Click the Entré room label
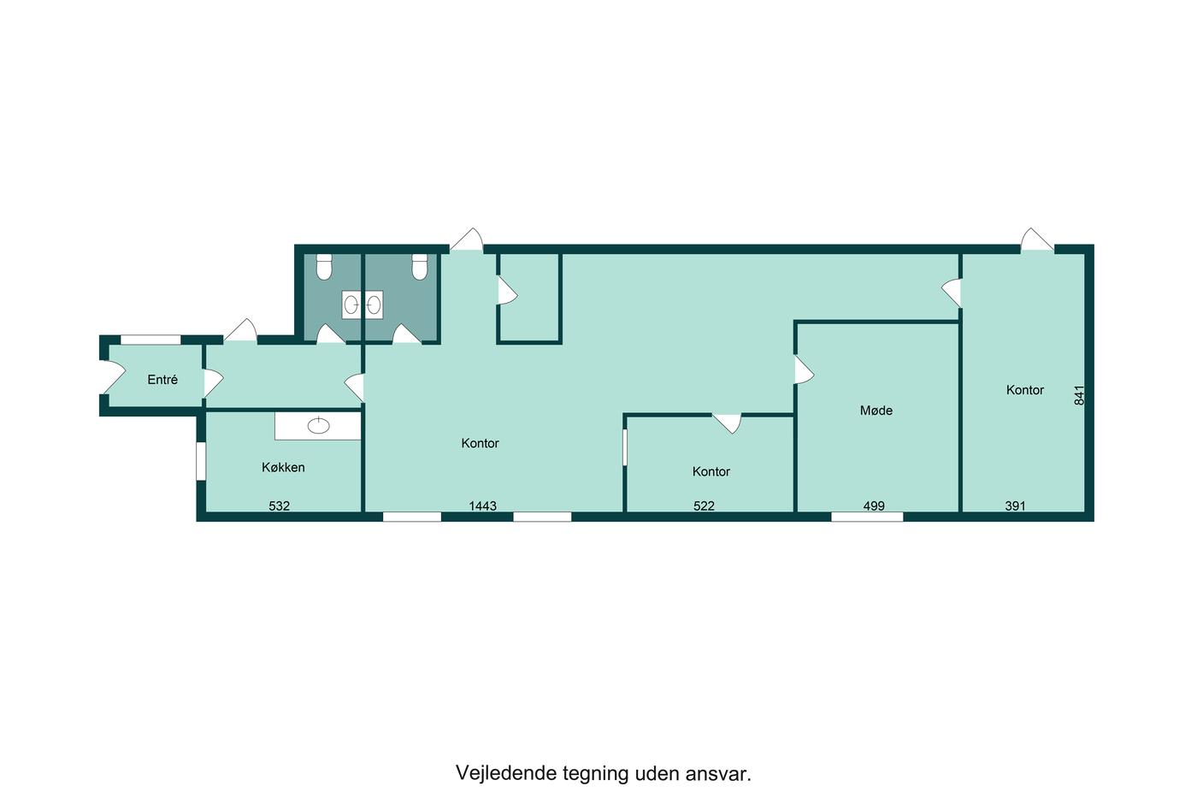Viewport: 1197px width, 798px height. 162,380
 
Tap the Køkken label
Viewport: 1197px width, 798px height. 283,467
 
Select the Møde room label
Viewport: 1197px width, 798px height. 876,410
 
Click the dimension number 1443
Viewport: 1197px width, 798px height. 482,505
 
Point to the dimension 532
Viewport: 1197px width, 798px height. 279,505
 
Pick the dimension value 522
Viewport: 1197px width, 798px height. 704,505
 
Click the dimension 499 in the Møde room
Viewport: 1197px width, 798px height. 874,505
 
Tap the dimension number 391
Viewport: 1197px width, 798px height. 1016,505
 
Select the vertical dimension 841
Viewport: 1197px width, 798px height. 1079,395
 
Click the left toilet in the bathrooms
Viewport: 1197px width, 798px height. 324,267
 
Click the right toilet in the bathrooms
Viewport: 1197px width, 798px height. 420,267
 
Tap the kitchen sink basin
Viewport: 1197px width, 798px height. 318,426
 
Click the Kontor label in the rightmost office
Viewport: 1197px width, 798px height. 1025,390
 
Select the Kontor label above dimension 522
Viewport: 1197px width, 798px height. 711,471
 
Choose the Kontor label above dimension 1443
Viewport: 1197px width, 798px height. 480,443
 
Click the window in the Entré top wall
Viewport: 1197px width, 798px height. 150,340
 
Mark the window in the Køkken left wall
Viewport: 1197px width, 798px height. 201,461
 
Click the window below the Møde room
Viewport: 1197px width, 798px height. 867,517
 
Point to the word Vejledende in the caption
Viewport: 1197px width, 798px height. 505,773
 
